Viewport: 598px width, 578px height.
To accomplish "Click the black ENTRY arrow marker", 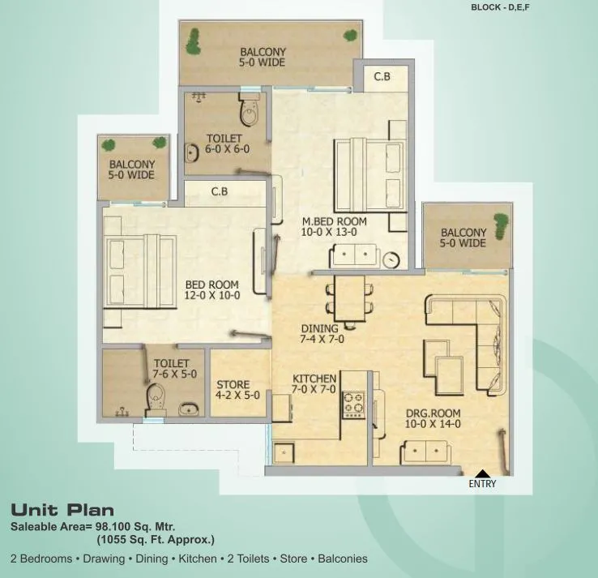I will click(481, 473).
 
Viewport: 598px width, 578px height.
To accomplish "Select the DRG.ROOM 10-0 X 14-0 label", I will click(433, 417).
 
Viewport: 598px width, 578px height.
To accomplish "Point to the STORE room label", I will click(233, 390).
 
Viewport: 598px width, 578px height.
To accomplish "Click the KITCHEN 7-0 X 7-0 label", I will click(314, 384).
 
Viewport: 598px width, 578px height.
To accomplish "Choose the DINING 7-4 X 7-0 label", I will click(321, 334).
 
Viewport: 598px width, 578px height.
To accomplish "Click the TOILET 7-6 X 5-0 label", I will click(170, 369).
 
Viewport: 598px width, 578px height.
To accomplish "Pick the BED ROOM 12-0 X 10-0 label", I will click(211, 289).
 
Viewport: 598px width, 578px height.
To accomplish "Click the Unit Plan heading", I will click(62, 511).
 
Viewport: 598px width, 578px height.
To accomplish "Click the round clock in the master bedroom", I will click(392, 259).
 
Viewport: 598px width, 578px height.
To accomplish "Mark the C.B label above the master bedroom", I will click(382, 77).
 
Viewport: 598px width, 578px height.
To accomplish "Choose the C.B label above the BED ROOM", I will click(219, 193).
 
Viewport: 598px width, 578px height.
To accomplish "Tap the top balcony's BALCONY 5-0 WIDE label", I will click(263, 57).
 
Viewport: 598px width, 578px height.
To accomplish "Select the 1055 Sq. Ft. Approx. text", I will click(156, 539).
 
